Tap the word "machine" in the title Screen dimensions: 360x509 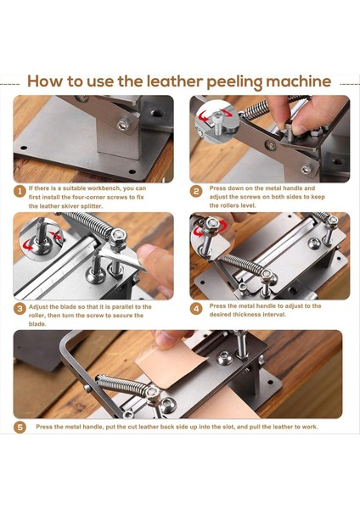coord(299,81)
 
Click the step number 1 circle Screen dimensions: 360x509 coord(20,192)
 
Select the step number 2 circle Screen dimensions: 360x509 coord(196,192)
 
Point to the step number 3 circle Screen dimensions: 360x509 coord(20,309)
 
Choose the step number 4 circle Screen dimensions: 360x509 coord(196,309)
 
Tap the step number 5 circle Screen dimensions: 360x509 coord(20,428)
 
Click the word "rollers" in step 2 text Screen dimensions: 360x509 coord(233,205)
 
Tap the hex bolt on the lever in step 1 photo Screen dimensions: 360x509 coord(123,125)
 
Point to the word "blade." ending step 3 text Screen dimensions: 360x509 coord(37,324)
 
